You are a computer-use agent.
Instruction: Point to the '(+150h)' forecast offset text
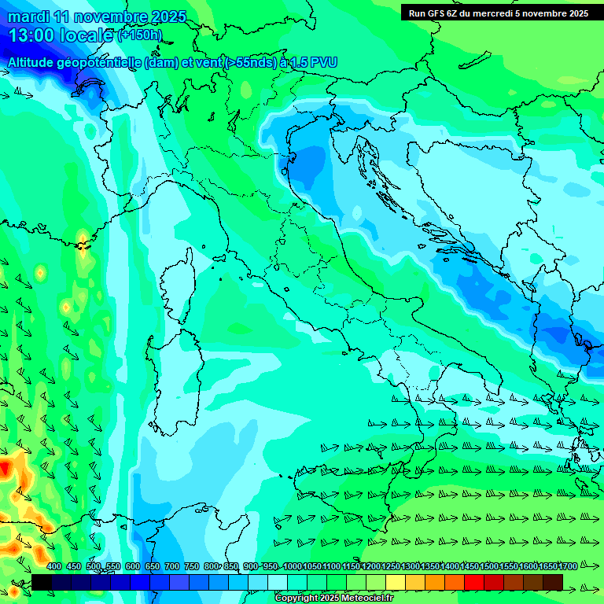139,35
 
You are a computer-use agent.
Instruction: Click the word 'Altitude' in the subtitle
33,61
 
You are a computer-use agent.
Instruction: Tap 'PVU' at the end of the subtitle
325,61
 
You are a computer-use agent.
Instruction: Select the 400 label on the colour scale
54,567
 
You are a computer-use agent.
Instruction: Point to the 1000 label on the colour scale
292,567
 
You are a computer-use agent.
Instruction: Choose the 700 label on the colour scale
172,567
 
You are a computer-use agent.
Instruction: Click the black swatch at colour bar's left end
42,582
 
